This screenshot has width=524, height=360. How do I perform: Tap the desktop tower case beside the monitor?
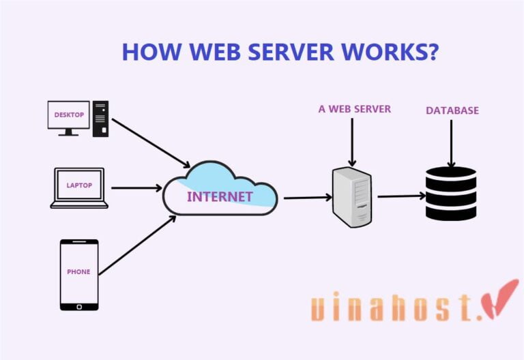[101, 119]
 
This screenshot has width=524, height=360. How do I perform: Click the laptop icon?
[79, 187]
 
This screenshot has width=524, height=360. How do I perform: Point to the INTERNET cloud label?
[220, 197]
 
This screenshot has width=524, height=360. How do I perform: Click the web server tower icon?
[351, 198]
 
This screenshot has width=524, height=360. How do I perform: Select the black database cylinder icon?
[450, 194]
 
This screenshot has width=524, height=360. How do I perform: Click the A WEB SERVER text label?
[354, 109]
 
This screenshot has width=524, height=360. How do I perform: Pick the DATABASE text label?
[452, 110]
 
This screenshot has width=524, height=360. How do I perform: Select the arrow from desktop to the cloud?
[151, 143]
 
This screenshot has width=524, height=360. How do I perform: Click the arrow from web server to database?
[401, 196]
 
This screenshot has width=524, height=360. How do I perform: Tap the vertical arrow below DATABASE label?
[450, 143]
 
